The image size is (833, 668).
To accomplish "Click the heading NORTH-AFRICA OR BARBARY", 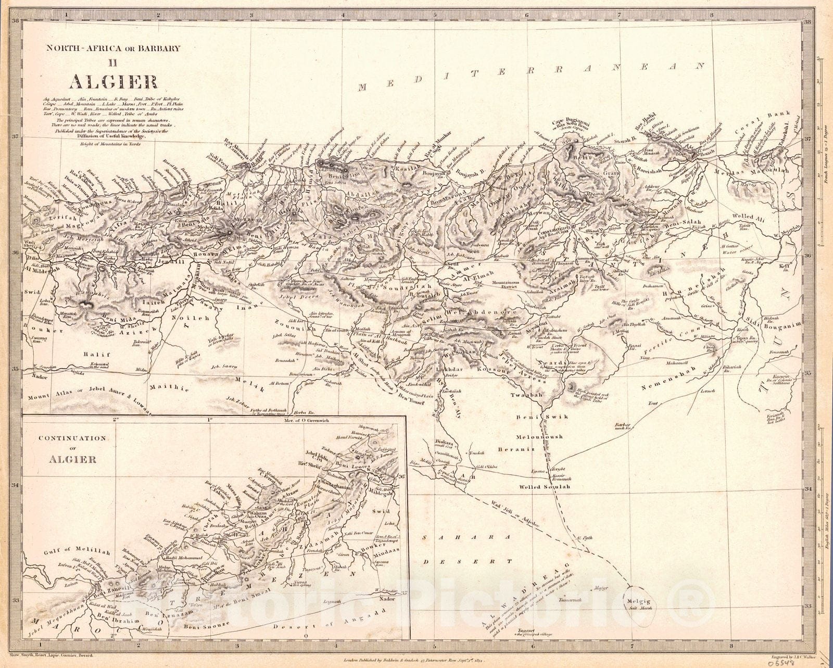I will pyautogui.click(x=113, y=48).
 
